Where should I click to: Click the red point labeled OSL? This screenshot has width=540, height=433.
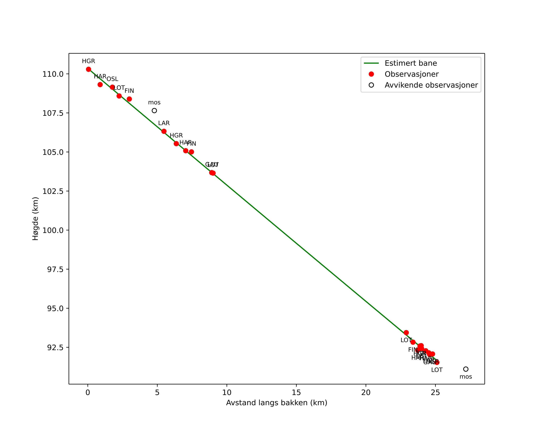pos(112,87)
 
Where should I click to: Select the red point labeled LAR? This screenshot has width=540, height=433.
pos(164,131)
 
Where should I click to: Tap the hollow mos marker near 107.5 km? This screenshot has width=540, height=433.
pos(154,110)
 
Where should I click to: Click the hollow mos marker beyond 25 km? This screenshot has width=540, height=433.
pos(466,369)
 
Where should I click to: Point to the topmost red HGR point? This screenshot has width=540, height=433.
pos(88,69)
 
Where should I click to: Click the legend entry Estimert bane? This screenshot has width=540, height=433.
pos(411,63)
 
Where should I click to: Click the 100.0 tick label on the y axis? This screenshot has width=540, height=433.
pos(53,230)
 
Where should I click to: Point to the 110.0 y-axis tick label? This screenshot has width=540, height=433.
pos(53,74)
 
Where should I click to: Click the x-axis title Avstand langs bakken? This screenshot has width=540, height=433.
pos(277,403)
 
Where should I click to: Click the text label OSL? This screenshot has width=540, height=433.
pos(113,79)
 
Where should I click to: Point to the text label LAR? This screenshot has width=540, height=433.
pos(164,123)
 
